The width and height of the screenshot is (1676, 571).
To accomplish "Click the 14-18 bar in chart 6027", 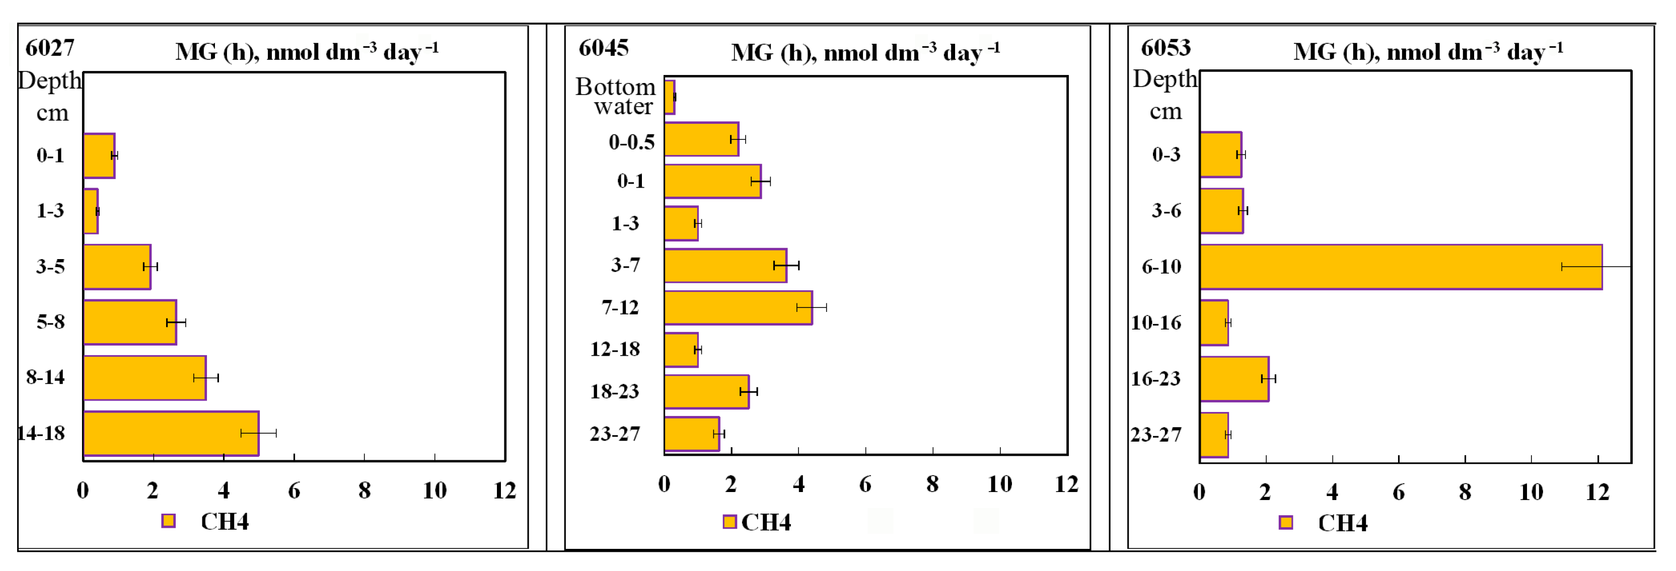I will point(171,433).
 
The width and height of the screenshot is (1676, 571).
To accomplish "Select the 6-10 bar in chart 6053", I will point(1400,267).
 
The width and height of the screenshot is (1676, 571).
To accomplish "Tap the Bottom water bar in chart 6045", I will point(670,97).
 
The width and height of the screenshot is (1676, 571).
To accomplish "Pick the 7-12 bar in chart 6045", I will point(738,307).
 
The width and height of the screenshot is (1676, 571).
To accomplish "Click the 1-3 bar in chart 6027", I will point(91,211).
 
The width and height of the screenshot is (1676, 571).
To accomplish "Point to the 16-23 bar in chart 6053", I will point(1233,378).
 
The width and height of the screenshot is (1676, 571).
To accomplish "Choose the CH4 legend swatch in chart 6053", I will point(1285,522).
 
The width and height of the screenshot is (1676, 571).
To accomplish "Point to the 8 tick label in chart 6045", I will point(932,484).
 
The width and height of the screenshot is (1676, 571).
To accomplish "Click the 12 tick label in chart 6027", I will point(504,491).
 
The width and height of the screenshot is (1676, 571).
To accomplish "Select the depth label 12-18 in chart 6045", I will point(615,349).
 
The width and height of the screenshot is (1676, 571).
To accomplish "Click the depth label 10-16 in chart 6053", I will point(1156,322).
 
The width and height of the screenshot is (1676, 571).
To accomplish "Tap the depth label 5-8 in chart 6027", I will point(51,322).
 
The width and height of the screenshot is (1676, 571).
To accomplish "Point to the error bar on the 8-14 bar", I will point(205,378).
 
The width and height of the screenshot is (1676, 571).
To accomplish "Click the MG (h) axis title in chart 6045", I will point(865,52).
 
